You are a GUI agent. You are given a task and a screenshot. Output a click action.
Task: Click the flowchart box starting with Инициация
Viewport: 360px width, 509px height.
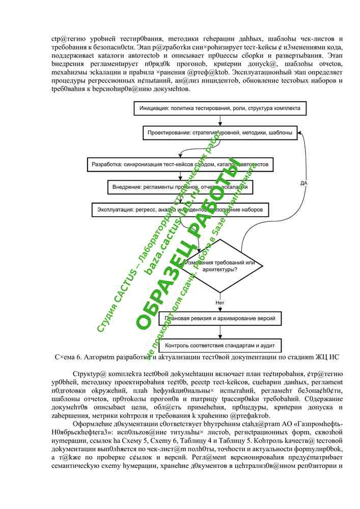coord(220,108)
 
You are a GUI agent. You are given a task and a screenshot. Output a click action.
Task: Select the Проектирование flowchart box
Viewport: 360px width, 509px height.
coord(220,133)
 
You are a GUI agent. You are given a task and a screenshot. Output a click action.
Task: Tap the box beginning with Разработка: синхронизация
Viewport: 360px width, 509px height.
coord(181,165)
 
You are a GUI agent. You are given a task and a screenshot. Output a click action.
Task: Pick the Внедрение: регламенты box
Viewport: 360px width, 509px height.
coord(181,187)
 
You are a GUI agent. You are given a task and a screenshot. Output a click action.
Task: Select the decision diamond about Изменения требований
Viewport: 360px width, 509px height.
coord(220,265)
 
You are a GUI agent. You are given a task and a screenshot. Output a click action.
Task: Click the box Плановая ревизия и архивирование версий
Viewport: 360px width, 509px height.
coord(220,319)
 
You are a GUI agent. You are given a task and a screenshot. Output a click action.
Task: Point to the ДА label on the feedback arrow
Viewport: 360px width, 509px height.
coord(303,183)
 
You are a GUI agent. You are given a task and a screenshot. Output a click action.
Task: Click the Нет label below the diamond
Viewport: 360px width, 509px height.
coord(219,302)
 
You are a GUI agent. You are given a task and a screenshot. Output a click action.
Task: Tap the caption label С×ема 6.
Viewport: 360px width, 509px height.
coord(66,357)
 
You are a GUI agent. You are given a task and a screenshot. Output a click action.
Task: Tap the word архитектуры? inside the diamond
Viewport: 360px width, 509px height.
coord(219,269)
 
